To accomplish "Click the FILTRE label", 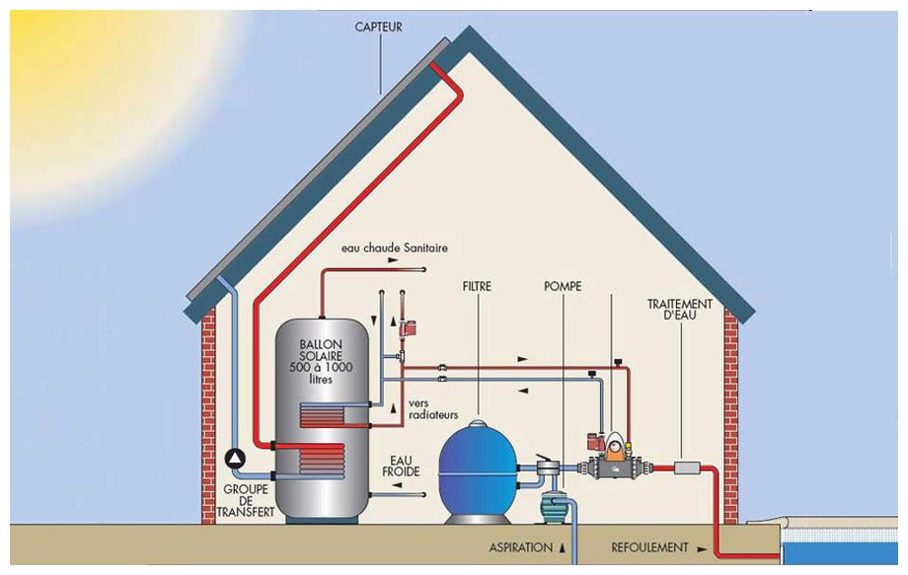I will [x=476, y=288].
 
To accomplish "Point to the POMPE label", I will [x=562, y=288].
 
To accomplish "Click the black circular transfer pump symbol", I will [x=236, y=459].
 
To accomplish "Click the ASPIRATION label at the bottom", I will [x=522, y=546].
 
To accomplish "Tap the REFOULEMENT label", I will [x=649, y=547].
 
